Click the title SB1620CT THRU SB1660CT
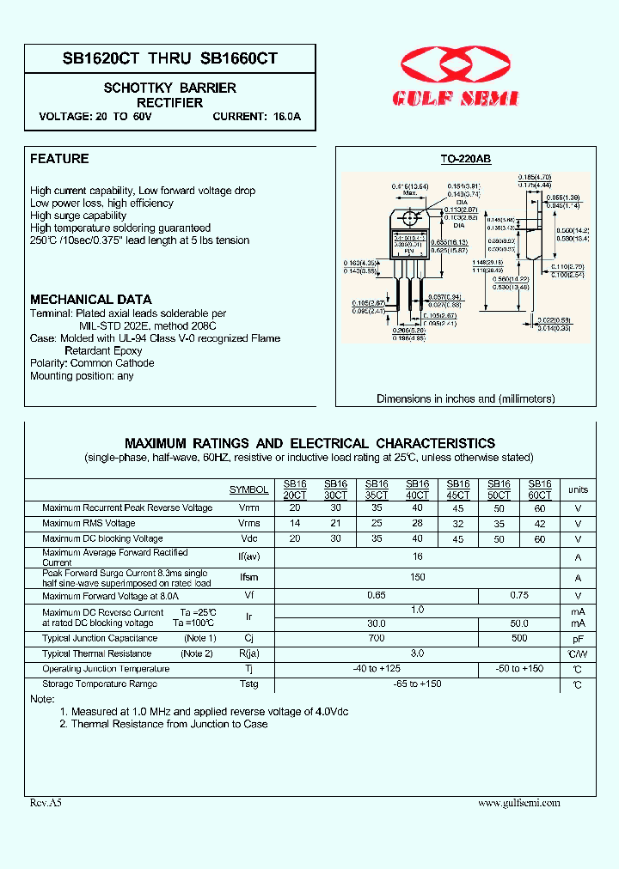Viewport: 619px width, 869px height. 169,58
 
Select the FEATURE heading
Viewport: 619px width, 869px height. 59,159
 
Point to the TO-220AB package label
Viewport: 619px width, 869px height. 465,160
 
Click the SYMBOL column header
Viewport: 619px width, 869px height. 248,489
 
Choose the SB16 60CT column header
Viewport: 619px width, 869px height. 539,489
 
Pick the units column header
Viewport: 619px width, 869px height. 578,489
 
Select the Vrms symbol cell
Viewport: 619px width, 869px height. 248,524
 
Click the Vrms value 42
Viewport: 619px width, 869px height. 539,524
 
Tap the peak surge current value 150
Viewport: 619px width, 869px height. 417,577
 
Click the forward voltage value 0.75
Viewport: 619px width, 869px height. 518,594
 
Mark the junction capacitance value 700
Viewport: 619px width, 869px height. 376,638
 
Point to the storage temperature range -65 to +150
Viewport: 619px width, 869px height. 417,684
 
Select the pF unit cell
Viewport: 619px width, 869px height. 578,639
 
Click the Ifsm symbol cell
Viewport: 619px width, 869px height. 248,578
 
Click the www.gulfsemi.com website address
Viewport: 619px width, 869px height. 518,803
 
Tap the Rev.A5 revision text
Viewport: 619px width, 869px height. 46,803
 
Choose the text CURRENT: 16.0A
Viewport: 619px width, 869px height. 257,116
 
